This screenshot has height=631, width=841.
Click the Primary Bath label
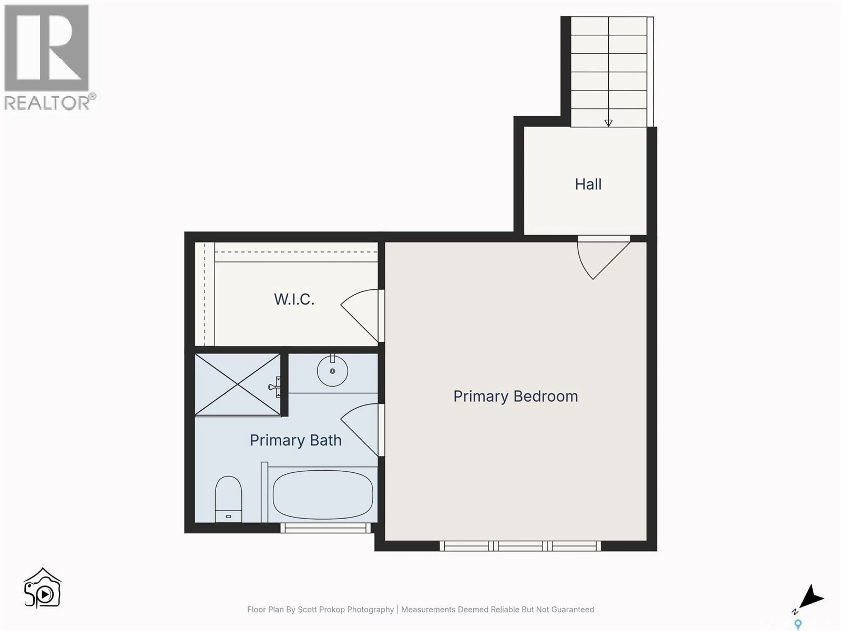click(295, 440)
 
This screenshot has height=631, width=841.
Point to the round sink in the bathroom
click(332, 371)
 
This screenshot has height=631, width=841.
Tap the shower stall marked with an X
click(238, 385)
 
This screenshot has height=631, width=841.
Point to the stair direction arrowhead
click(608, 123)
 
